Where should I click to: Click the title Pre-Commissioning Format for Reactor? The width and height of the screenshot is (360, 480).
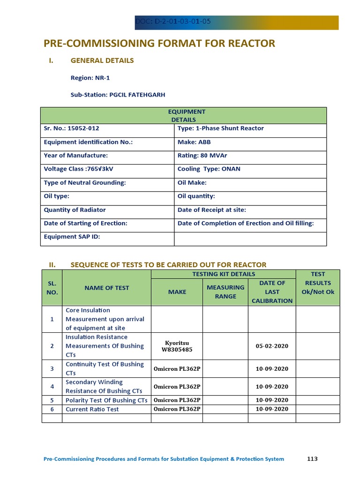tap(159, 44)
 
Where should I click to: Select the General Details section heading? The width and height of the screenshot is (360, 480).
tap(102, 60)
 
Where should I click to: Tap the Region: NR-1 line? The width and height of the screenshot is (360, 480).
tap(90, 78)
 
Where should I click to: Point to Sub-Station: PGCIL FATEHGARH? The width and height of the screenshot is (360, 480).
tap(118, 95)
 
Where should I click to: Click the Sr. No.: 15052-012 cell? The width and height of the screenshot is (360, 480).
tap(72, 128)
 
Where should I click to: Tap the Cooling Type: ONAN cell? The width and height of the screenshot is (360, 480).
tap(209, 169)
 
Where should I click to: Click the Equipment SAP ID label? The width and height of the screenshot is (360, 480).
tap(72, 237)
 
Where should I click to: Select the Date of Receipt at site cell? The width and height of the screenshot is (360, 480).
tap(211, 210)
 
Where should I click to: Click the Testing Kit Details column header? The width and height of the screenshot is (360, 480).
tap(224, 274)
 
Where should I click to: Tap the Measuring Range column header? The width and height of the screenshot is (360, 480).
tap(225, 292)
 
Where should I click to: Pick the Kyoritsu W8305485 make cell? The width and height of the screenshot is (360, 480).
tap(177, 346)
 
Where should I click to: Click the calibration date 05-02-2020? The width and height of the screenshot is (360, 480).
tap(272, 346)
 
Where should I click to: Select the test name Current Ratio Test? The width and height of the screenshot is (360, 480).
tap(92, 409)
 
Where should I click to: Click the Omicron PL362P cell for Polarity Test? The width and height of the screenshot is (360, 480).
tap(177, 400)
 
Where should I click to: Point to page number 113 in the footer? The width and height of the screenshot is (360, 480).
tap(312, 459)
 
